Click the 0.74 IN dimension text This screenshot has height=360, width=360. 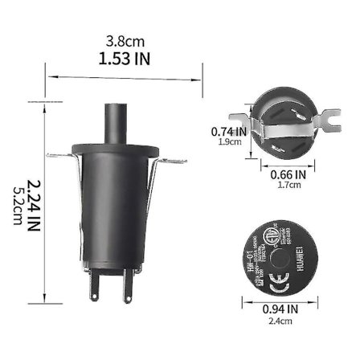[x=227, y=131]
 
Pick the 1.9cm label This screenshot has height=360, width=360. [x=226, y=143]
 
